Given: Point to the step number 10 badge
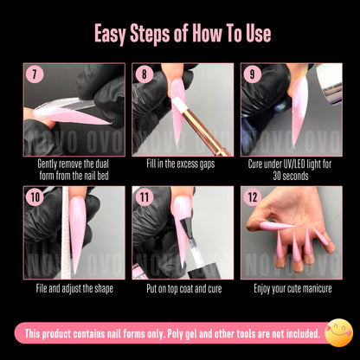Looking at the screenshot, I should click(35, 198).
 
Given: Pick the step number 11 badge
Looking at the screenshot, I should click(144, 198).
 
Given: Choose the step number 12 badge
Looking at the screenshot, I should click(252, 198).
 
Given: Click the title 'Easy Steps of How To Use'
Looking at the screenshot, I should click(180, 33).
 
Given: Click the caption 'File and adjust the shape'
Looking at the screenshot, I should click(74, 286).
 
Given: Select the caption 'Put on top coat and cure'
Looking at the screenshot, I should click(182, 286).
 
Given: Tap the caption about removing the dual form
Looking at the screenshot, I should click(74, 170).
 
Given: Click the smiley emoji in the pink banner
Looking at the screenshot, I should click(337, 331).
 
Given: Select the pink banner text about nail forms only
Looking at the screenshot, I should click(173, 332).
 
